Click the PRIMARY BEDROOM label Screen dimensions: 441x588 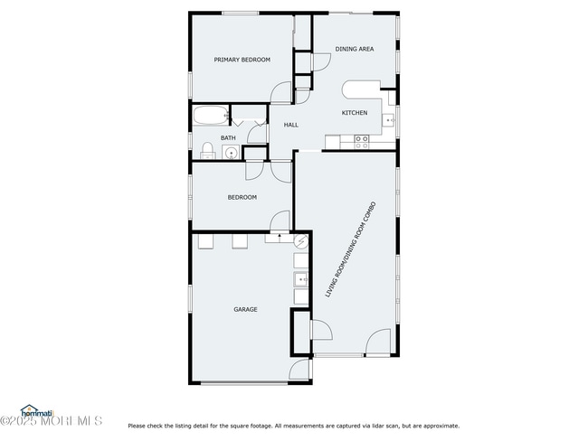[242, 60]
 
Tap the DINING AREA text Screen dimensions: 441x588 [354, 49]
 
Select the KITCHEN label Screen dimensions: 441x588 [354, 112]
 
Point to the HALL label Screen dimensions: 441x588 [291, 125]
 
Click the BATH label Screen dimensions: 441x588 [228, 138]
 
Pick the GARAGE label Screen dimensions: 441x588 [245, 309]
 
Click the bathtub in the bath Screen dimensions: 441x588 [210, 116]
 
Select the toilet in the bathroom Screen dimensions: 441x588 [206, 151]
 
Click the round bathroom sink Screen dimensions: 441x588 [231, 152]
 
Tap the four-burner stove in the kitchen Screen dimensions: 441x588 [362, 141]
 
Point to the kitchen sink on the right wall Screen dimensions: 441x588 [389, 118]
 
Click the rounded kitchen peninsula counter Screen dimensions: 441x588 [360, 89]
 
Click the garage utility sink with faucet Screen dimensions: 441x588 [300, 279]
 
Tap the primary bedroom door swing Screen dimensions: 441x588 [282, 91]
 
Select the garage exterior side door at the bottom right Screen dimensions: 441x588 [299, 371]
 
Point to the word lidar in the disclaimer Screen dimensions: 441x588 [382, 426]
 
